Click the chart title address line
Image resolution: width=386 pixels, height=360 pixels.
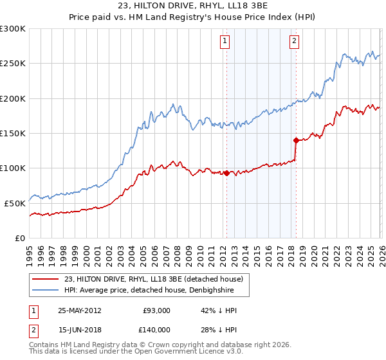(193, 6)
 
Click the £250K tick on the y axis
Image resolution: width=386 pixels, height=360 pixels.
(13, 64)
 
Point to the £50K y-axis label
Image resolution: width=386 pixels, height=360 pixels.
(15, 203)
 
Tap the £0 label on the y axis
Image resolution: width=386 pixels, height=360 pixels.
(21, 238)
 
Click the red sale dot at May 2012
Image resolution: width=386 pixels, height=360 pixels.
(226, 173)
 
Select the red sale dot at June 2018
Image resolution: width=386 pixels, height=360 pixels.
(296, 140)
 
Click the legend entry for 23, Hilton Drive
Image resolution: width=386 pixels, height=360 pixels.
(153, 279)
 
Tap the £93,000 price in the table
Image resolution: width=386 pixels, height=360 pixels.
(156, 310)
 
